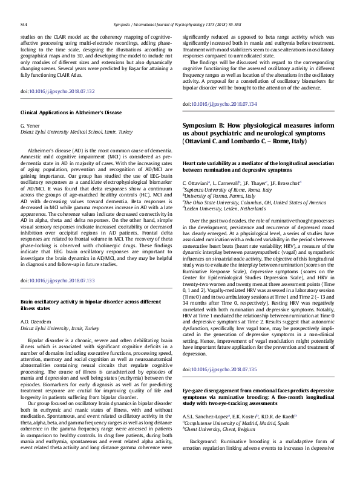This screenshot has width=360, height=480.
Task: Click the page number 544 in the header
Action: click(x=24, y=24)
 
